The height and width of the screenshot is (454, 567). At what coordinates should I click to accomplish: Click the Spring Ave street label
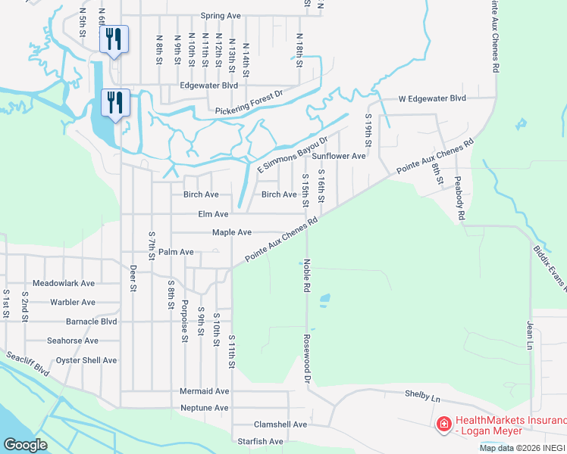tap(220, 15)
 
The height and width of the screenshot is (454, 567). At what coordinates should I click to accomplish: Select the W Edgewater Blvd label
tap(433, 99)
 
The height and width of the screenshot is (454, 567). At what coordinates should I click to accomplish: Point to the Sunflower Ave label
tap(339, 156)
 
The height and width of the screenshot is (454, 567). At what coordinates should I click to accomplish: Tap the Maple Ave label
tap(231, 232)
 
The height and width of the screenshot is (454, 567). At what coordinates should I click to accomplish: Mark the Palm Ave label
tap(176, 251)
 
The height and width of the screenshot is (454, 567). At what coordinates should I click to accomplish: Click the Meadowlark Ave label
tap(69, 283)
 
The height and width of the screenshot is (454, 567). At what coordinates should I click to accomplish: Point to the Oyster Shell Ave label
tap(86, 360)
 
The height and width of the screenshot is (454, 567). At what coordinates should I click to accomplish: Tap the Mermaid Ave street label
tap(204, 391)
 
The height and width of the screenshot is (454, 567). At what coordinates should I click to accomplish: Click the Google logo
tap(26, 445)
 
